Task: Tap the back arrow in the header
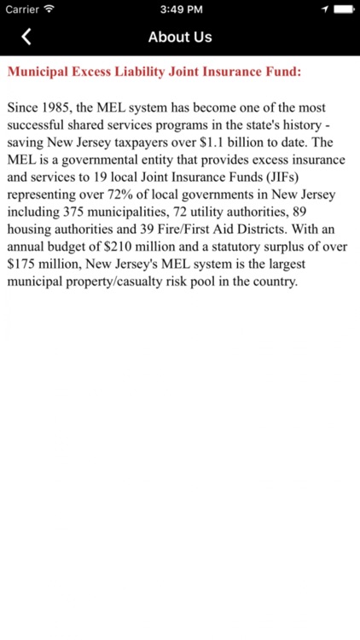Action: tap(26, 37)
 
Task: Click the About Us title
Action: tap(180, 37)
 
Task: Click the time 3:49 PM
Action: tap(181, 9)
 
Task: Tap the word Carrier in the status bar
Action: tap(22, 9)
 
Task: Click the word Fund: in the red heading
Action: tap(282, 72)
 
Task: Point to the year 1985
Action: tap(56, 109)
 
